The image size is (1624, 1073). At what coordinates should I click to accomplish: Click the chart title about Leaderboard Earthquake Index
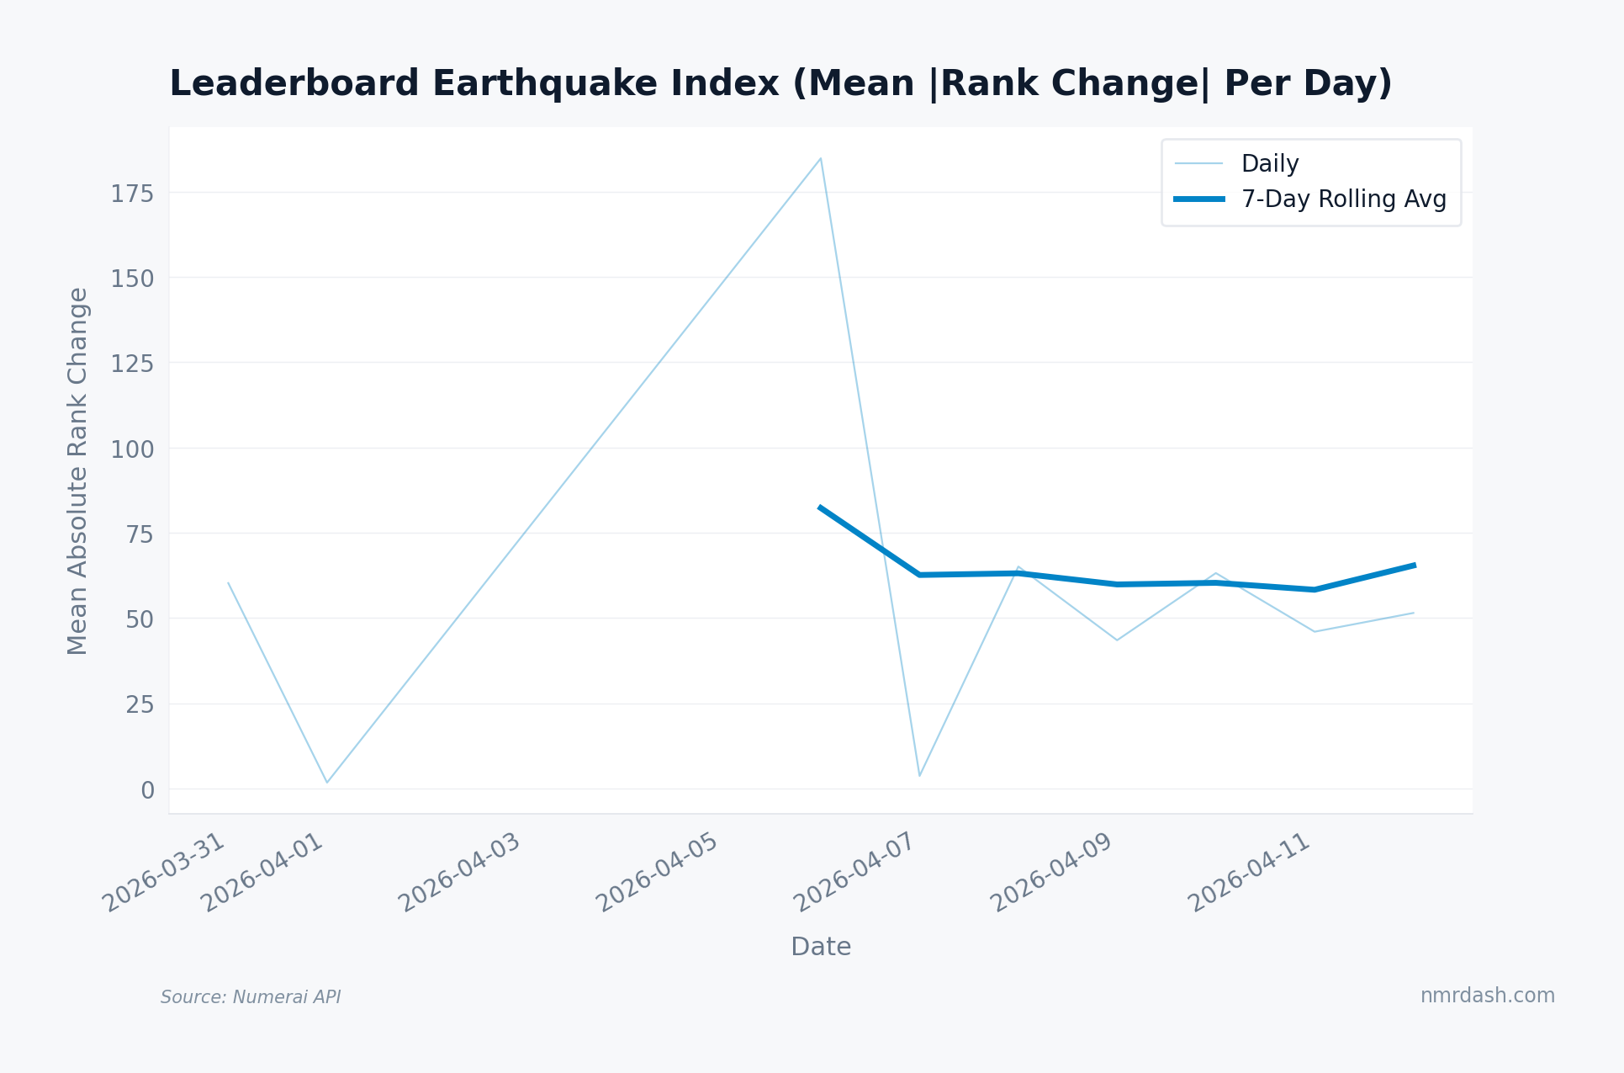[780, 84]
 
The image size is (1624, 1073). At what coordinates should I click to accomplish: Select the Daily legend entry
[1269, 163]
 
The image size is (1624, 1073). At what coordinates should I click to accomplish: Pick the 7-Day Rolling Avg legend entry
[1343, 199]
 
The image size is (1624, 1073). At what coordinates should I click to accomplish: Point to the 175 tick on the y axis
[133, 194]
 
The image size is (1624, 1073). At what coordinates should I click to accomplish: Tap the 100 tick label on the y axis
[133, 449]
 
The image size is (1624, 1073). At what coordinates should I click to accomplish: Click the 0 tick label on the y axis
[148, 790]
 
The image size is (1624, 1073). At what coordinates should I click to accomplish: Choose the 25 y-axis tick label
[140, 704]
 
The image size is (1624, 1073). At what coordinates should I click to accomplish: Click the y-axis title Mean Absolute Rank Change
[77, 471]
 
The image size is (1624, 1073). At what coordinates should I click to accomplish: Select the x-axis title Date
[821, 947]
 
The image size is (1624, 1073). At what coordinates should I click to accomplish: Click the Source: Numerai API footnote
[251, 997]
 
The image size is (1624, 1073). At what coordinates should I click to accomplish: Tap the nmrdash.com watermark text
[1487, 996]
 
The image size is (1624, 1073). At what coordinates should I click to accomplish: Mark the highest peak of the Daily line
[821, 158]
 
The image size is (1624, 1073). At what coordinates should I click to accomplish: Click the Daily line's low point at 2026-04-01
[327, 783]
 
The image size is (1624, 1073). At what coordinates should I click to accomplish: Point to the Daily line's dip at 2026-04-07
[919, 775]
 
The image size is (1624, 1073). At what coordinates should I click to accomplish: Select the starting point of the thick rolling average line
[820, 507]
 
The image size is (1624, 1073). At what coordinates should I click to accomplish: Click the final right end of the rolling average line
[1414, 566]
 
